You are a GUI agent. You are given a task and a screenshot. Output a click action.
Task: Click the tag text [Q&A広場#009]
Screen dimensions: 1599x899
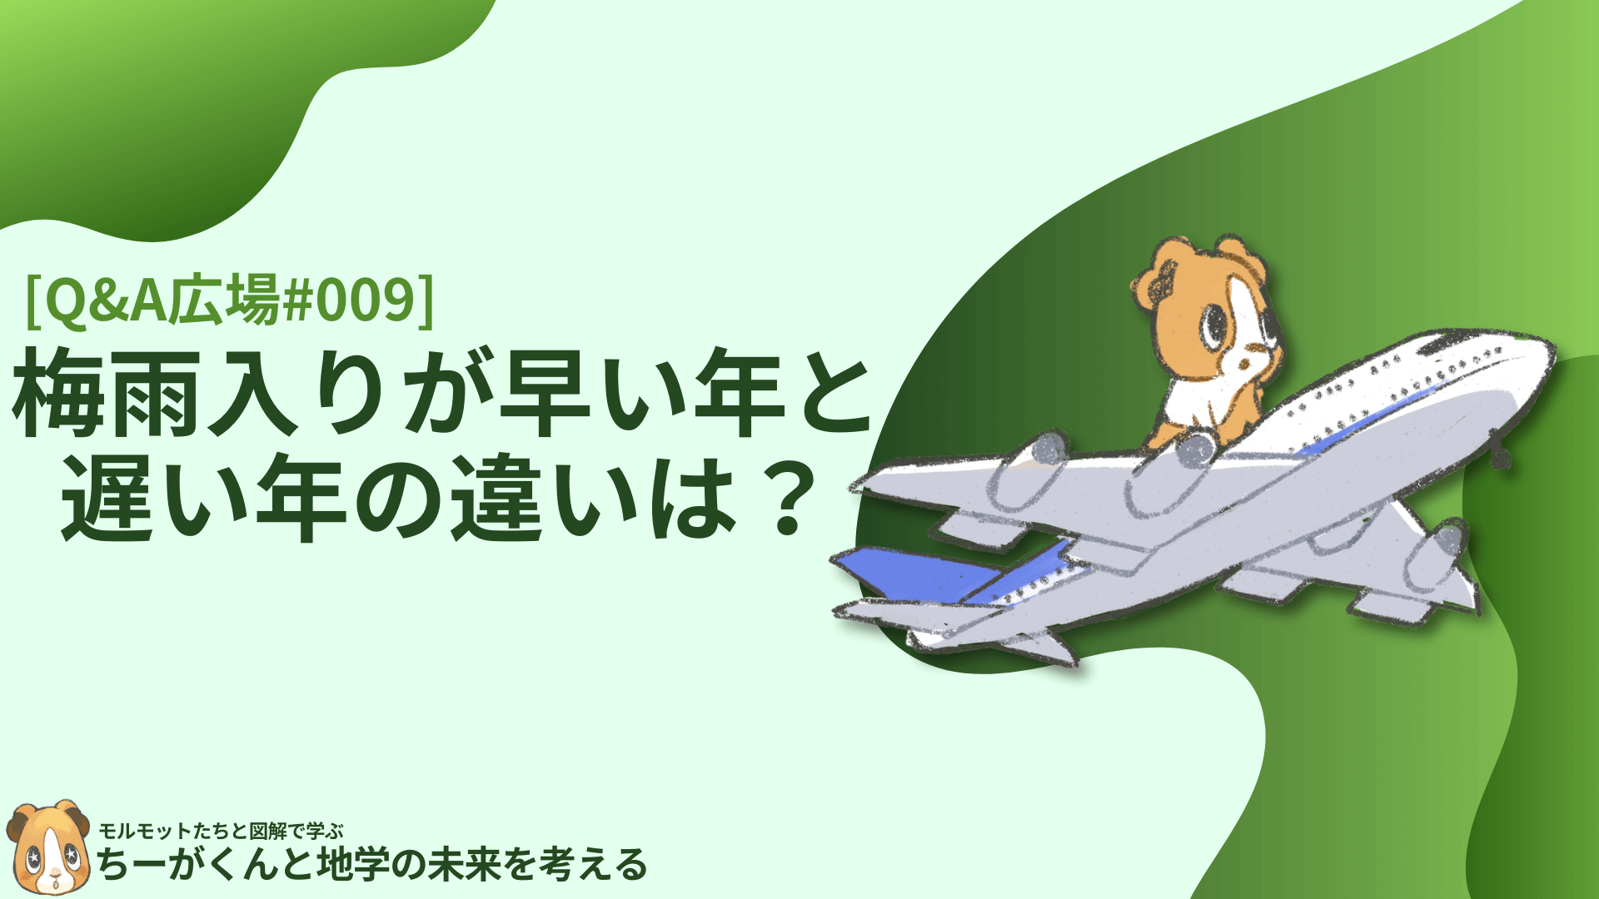point(230,300)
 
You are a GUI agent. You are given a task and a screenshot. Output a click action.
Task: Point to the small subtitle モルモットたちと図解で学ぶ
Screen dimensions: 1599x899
point(222,831)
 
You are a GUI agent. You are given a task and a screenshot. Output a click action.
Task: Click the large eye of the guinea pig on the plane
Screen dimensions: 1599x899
point(1213,324)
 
